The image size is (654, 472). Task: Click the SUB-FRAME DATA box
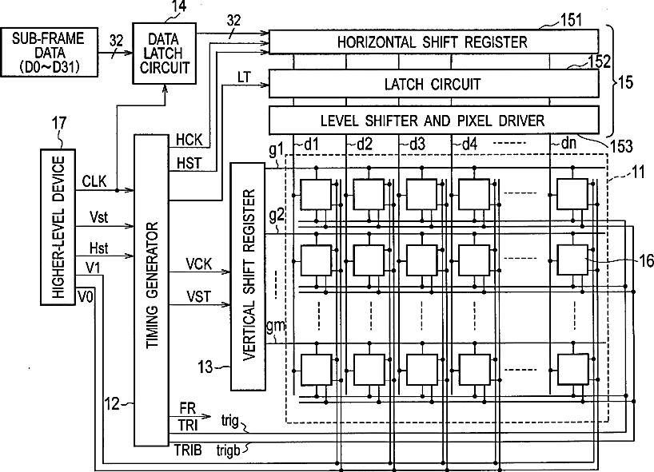click(50, 52)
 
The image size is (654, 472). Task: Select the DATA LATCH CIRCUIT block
click(165, 54)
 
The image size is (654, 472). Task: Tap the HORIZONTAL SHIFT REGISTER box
click(434, 42)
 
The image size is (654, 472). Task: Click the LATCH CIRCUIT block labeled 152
click(434, 84)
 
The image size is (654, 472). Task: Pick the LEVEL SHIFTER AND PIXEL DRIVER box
click(434, 121)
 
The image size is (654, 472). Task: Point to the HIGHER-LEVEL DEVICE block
click(58, 227)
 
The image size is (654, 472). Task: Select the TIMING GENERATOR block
click(151, 291)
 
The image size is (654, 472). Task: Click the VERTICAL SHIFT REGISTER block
click(248, 276)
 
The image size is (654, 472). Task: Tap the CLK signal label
click(94, 181)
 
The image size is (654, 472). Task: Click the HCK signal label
click(189, 140)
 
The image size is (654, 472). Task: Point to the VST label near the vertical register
click(198, 296)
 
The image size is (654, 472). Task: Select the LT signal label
click(244, 77)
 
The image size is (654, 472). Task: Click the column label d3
click(417, 144)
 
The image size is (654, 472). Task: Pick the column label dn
click(569, 143)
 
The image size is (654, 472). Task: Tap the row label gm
click(275, 325)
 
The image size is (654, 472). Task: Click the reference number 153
click(621, 146)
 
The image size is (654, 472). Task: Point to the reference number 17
click(59, 123)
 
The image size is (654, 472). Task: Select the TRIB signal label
click(188, 450)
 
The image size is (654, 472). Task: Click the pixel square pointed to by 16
click(573, 260)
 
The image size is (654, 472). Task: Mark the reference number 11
click(638, 172)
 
